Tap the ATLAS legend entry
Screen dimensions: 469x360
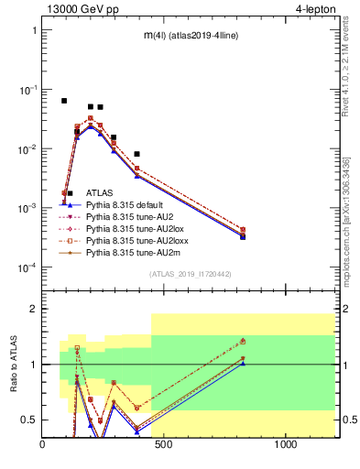coord(102,193)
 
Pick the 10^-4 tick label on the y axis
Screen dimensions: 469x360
coord(26,267)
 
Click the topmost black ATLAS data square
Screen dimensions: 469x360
coord(64,101)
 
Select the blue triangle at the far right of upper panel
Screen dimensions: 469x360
coord(243,236)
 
